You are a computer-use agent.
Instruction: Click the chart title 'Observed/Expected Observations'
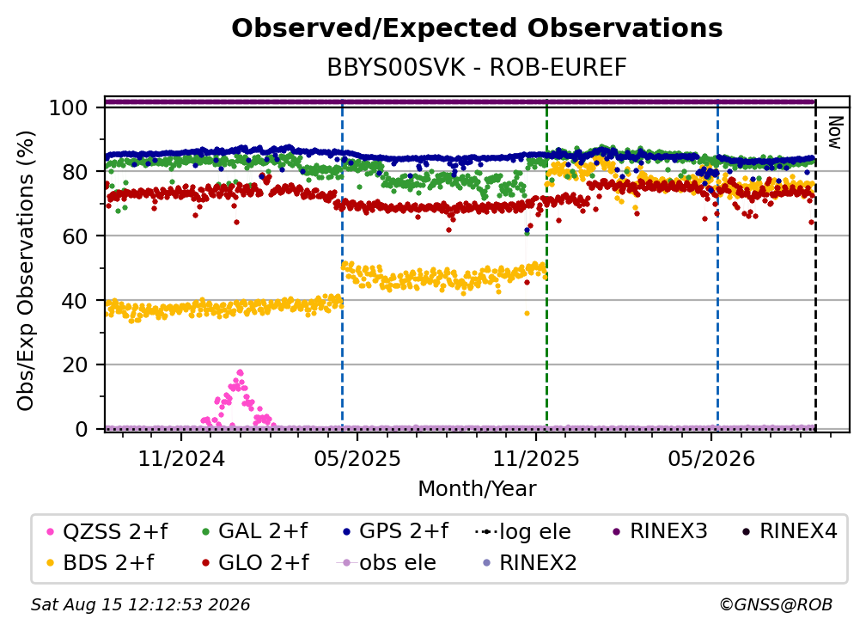pyautogui.click(x=477, y=28)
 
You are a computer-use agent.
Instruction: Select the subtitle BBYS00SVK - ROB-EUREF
pyautogui.click(x=477, y=67)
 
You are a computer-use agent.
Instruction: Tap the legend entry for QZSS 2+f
pyautogui.click(x=107, y=531)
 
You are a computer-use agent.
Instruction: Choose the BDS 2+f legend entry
pyautogui.click(x=100, y=563)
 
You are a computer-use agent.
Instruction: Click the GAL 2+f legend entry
pyautogui.click(x=254, y=531)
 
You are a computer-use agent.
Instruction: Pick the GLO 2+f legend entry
pyautogui.click(x=255, y=563)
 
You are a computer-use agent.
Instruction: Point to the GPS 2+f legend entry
pyautogui.click(x=395, y=531)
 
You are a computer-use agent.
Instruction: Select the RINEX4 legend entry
pyautogui.click(x=790, y=531)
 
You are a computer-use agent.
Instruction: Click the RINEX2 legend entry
pyautogui.click(x=530, y=563)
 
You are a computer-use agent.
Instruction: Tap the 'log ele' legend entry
pyautogui.click(x=522, y=532)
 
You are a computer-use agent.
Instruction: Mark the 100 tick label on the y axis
pyautogui.click(x=69, y=107)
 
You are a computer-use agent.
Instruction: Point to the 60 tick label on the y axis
pyautogui.click(x=75, y=236)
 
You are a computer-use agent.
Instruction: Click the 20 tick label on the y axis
pyautogui.click(x=75, y=365)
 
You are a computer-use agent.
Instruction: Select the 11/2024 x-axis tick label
pyautogui.click(x=181, y=458)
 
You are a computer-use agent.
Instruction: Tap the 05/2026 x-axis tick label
pyautogui.click(x=711, y=458)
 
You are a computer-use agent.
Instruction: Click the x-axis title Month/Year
pyautogui.click(x=477, y=489)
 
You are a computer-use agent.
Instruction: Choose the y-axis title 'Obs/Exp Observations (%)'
pyautogui.click(x=26, y=271)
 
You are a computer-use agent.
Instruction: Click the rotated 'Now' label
pyautogui.click(x=835, y=132)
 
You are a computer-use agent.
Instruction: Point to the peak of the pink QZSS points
pyautogui.click(x=240, y=373)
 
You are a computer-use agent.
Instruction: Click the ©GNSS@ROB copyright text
pyautogui.click(x=776, y=605)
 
